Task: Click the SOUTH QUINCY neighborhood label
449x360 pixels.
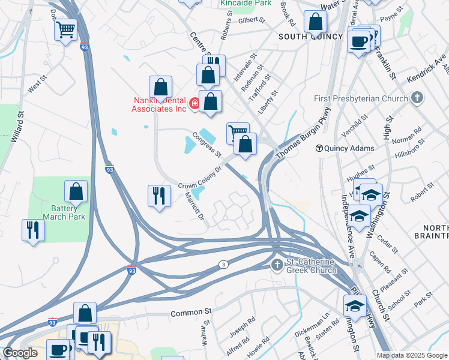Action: pos(307,37)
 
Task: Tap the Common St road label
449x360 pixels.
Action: pos(191,312)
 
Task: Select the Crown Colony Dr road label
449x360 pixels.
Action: pos(200,178)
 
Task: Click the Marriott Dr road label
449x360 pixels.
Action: pos(195,206)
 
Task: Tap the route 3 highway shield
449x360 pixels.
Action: pos(223,264)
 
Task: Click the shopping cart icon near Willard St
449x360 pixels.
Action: pos(65,28)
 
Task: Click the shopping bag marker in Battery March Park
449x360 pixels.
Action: pos(76,191)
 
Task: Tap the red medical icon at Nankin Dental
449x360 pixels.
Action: pos(194,104)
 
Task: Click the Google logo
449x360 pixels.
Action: pos(20,353)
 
